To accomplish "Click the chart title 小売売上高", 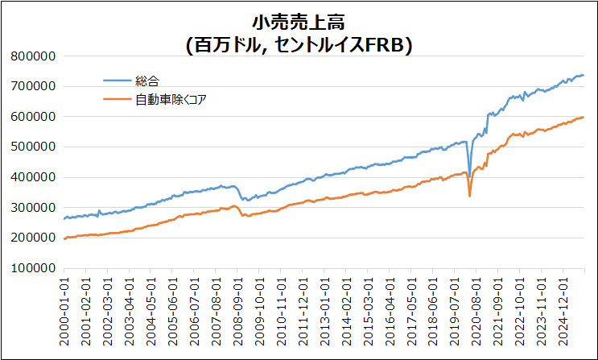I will [299, 23].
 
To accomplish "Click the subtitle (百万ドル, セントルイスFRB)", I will [299, 46].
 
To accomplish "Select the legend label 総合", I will [148, 81].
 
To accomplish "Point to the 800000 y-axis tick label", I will [35, 56].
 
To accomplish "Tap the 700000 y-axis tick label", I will [35, 86].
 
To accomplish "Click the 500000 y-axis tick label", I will [35, 147].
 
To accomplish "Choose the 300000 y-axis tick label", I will [35, 208].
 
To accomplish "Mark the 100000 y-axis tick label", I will [35, 268].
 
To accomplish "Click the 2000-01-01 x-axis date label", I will [65, 311].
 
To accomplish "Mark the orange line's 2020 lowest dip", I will [470, 196].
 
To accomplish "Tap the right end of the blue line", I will [584, 75].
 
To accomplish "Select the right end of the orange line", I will [584, 118].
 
